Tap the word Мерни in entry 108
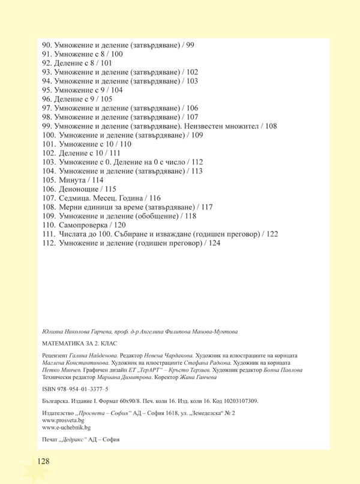coord(72,206)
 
